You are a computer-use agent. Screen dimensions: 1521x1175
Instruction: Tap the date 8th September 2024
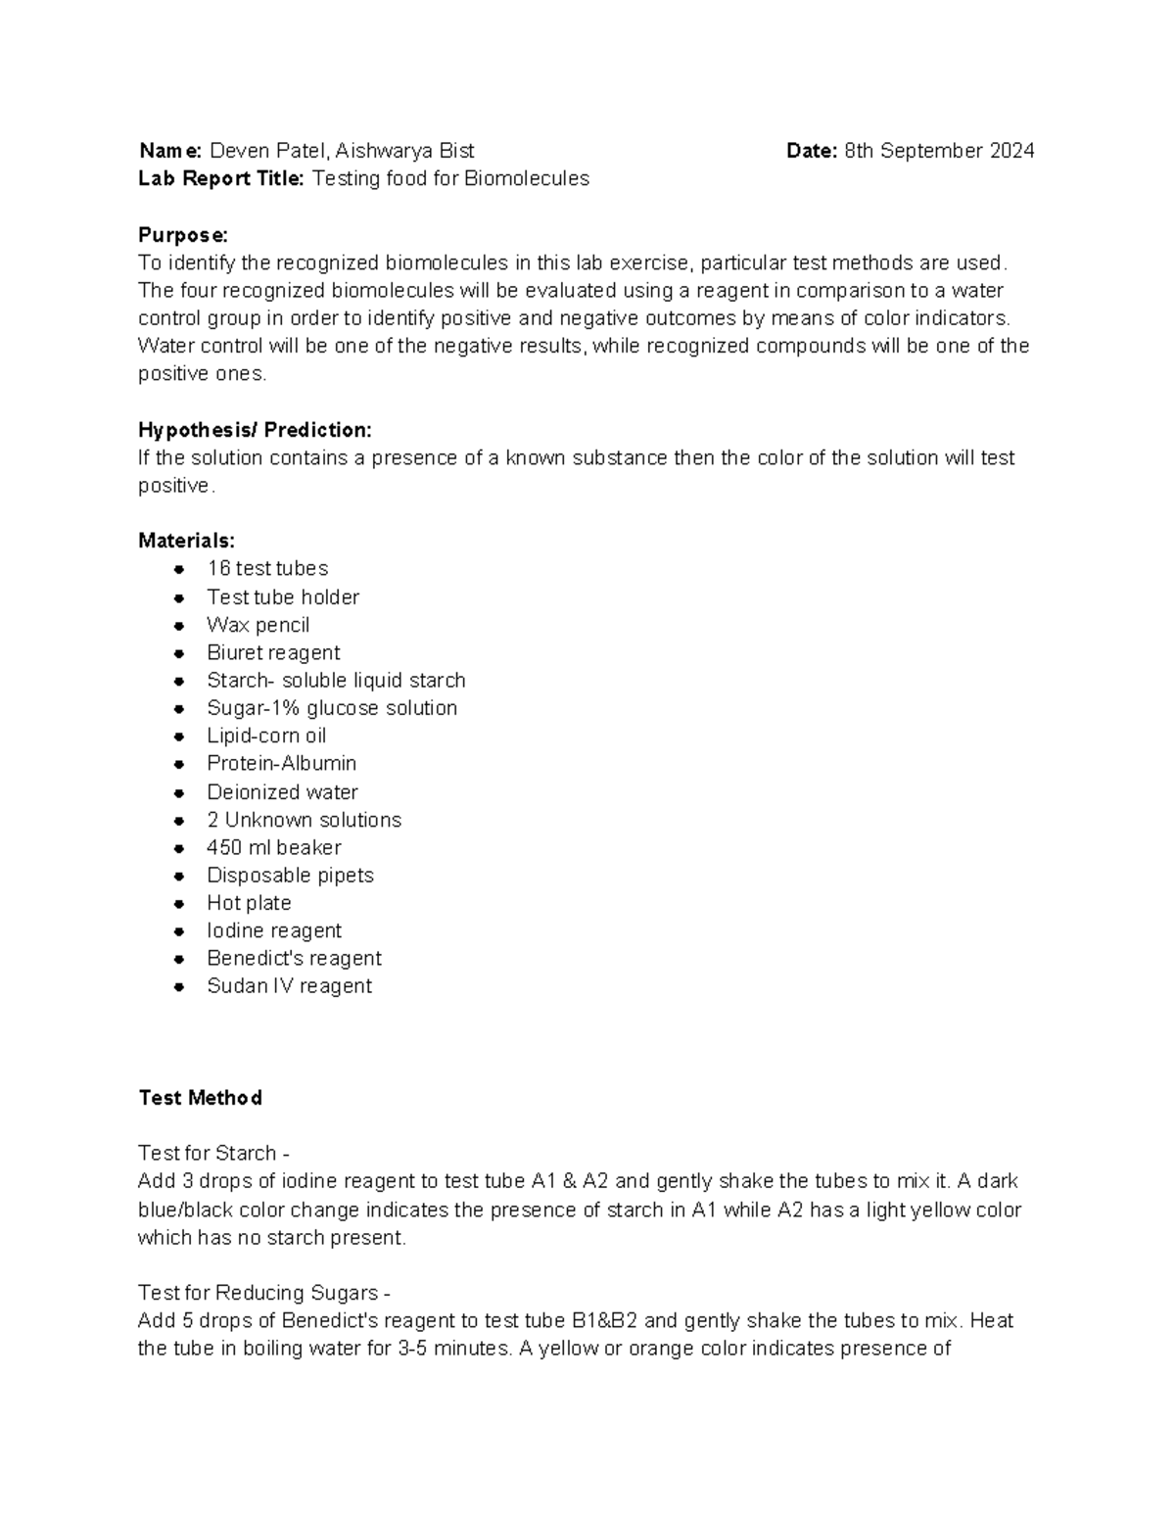coord(939,151)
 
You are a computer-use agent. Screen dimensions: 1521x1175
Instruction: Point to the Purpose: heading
coord(183,235)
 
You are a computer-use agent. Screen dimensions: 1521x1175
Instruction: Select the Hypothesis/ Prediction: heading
coord(255,430)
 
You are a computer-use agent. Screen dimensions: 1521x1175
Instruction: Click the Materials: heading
coord(186,541)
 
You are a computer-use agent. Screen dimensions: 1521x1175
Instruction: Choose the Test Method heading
coord(200,1098)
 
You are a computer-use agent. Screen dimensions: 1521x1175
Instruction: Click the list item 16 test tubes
coord(267,569)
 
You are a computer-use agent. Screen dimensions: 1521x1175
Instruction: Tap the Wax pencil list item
coord(258,625)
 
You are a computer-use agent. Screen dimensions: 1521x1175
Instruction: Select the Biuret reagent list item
coord(273,653)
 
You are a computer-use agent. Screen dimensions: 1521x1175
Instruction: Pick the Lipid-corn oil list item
coord(266,737)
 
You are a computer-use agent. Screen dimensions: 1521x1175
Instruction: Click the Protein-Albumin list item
coord(281,764)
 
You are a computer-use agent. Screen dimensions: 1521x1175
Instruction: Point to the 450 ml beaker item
coord(273,848)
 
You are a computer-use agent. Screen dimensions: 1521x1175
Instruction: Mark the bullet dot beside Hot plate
coord(179,904)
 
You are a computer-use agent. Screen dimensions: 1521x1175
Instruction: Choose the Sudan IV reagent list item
coord(289,986)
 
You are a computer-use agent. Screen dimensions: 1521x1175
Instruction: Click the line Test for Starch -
coord(213,1154)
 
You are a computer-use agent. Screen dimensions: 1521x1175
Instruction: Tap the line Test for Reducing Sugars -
coord(264,1293)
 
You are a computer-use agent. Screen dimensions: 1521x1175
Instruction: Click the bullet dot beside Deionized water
coord(179,792)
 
